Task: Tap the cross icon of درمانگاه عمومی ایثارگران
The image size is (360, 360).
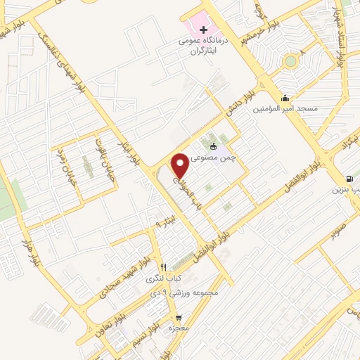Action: coord(204,30)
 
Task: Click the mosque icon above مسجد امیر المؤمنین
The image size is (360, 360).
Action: coord(285,98)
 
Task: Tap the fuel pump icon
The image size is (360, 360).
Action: coord(349,179)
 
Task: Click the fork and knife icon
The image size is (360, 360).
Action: coord(163,267)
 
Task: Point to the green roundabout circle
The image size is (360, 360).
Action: coord(290,61)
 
